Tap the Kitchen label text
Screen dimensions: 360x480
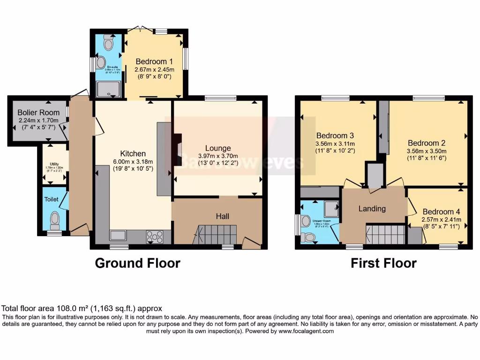pyautogui.click(x=133, y=153)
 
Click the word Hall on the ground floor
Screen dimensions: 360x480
pyautogui.click(x=222, y=216)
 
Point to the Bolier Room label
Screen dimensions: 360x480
pyautogui.click(x=39, y=112)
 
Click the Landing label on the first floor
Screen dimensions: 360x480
pyautogui.click(x=372, y=209)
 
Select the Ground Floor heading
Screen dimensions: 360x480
pyautogui.click(x=137, y=263)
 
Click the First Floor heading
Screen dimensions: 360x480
pyautogui.click(x=383, y=263)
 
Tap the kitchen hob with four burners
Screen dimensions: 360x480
pyautogui.click(x=154, y=237)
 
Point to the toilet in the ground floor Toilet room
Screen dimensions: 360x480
pyautogui.click(x=55, y=220)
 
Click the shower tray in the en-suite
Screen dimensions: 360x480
pyautogui.click(x=108, y=89)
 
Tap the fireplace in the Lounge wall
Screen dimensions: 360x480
pyautogui.click(x=177, y=149)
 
